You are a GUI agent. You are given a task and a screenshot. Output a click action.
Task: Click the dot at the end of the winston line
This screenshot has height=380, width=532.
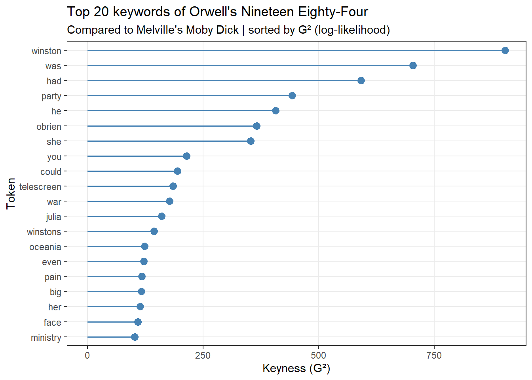(x=505, y=50)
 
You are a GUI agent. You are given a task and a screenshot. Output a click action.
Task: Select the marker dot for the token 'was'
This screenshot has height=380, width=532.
(x=413, y=65)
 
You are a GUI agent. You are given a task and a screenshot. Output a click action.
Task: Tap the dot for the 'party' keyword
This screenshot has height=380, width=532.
(x=292, y=95)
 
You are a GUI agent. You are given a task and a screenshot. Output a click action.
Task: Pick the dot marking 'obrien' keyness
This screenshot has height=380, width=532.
(x=256, y=126)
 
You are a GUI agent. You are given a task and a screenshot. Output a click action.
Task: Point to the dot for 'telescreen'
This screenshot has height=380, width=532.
(x=173, y=186)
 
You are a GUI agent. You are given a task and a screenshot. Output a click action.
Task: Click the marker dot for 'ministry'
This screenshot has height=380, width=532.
(x=135, y=337)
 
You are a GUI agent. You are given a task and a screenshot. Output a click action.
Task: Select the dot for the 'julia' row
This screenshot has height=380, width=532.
(x=161, y=216)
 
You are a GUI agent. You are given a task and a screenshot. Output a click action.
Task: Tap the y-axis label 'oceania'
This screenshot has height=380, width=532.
(x=45, y=247)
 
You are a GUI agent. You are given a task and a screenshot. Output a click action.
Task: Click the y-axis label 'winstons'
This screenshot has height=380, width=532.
(x=44, y=232)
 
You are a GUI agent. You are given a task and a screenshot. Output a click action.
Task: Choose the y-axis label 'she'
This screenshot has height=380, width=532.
(x=54, y=142)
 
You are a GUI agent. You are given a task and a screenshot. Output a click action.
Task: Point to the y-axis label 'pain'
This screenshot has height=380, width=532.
(x=53, y=277)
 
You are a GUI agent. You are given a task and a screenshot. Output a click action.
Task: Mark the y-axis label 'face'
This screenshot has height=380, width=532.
(x=52, y=323)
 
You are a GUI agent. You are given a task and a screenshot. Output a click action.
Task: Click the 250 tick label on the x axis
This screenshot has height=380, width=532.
(x=203, y=355)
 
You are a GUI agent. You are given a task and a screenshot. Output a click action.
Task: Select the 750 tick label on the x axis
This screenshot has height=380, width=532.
(x=434, y=355)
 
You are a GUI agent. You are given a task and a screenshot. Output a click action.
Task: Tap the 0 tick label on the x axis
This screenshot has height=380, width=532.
(x=87, y=355)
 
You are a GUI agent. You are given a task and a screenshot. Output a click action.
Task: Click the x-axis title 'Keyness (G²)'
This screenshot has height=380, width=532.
(x=296, y=368)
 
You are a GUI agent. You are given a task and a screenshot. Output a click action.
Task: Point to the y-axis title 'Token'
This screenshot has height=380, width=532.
(x=11, y=194)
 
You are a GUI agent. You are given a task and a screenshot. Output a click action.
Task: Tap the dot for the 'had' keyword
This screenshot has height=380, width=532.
(x=361, y=80)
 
